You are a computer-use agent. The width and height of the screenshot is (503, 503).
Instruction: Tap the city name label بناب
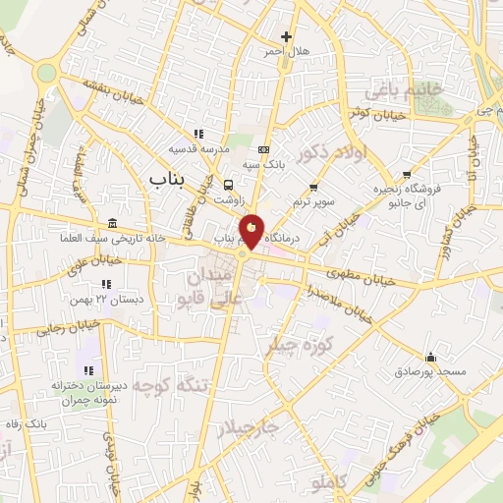[x=169, y=180]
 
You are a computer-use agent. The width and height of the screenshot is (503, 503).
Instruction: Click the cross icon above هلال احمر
[x=286, y=36]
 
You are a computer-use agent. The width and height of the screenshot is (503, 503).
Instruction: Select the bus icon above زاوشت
[x=229, y=185]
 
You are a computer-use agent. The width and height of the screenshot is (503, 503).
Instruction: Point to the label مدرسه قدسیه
[x=199, y=149]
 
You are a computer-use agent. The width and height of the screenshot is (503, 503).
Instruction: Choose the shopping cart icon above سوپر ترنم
[x=313, y=187]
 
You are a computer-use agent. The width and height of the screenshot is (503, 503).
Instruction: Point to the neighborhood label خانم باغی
[x=404, y=91]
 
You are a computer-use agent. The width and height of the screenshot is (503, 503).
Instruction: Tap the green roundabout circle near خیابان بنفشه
[x=45, y=73]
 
